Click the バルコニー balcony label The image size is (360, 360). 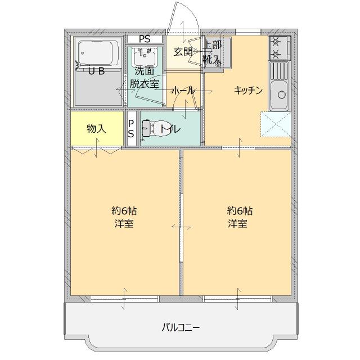coord(181,327)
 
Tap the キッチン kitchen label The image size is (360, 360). coord(249,91)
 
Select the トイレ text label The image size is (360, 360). coord(170,129)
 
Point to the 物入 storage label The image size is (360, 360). coord(96,129)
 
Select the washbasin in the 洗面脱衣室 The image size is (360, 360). coord(145,57)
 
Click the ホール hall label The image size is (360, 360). coord(182,91)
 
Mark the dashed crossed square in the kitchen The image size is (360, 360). coord(276,125)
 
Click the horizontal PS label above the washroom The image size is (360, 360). coord(145,39)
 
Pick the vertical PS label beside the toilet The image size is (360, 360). coord(131,129)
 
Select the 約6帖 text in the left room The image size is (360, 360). coord(124,211)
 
